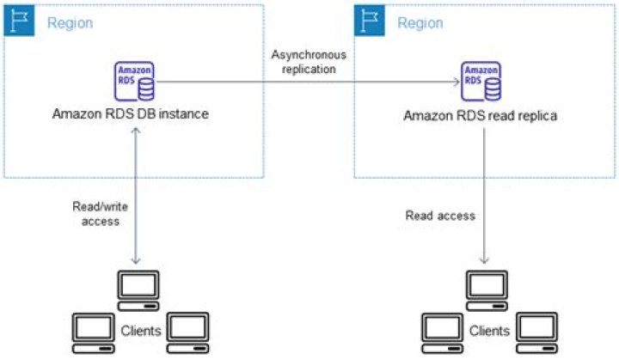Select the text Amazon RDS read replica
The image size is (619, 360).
pos(482,115)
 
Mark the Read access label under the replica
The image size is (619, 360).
pos(440,215)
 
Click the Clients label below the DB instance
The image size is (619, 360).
pos(139,330)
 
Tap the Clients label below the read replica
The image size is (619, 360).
pos(489,330)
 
